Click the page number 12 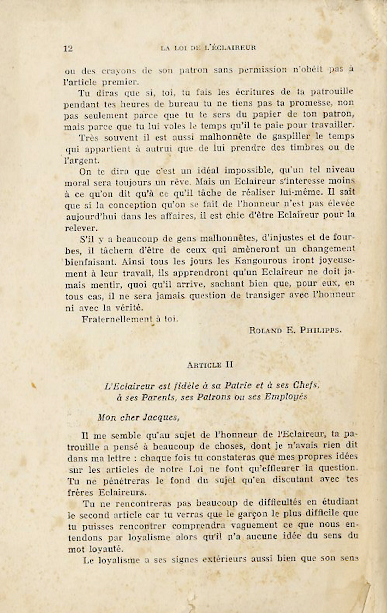[68, 48]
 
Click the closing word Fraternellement [120, 319]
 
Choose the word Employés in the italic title [287, 397]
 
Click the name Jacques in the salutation [157, 418]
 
